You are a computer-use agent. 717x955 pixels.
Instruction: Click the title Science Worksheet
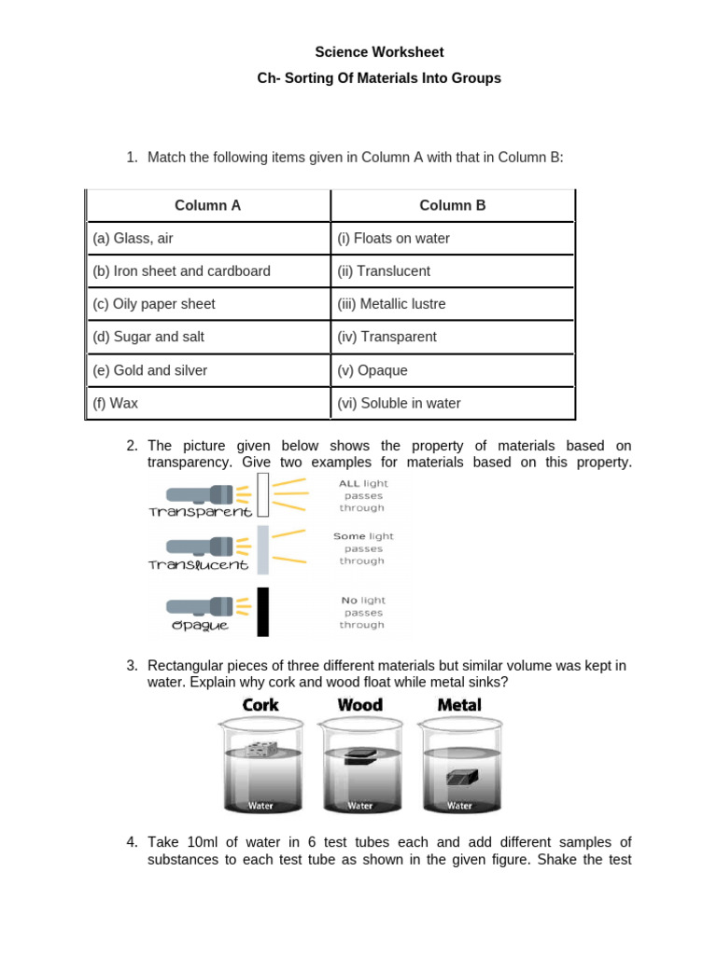coord(379,52)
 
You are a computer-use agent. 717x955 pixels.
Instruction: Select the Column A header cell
coord(207,205)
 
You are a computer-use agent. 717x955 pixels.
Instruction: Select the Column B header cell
coord(453,205)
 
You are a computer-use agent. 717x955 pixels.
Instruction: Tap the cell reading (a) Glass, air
coord(207,239)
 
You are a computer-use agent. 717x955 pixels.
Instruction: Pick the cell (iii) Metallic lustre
coord(453,304)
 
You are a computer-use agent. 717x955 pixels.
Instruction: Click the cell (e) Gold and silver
coord(207,370)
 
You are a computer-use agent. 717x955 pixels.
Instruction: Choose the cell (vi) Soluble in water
coord(453,404)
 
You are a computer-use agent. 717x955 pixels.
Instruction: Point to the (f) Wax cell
coord(207,404)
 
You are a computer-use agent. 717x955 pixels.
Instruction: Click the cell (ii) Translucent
coord(453,271)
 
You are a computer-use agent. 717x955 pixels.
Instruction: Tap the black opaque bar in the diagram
coord(263,612)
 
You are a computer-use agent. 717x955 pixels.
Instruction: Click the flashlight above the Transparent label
coord(201,493)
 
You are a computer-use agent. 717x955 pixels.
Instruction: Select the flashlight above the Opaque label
coord(201,607)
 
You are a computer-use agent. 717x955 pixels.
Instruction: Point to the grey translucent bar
coord(263,549)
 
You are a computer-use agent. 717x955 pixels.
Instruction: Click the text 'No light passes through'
coord(362,613)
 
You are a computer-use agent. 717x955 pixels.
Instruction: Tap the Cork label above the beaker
coord(260,705)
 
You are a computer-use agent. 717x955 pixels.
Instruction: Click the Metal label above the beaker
coord(459,705)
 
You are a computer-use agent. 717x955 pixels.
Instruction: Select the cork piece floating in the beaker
coord(260,748)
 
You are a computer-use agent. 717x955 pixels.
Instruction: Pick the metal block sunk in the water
coord(462,777)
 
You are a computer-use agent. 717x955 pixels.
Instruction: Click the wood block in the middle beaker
coord(360,759)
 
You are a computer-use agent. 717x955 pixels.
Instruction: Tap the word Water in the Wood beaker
coord(360,806)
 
